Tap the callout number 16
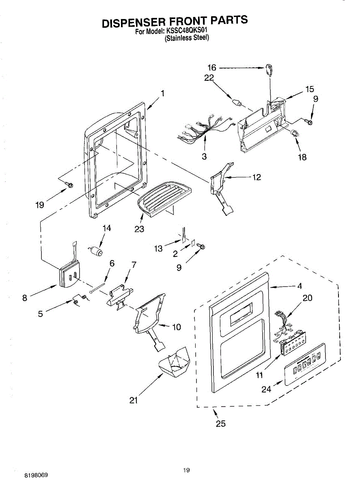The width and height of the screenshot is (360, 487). [212, 68]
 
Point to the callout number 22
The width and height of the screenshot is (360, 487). [209, 78]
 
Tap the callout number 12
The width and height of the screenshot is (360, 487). [257, 177]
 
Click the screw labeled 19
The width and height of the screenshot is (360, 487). [69, 185]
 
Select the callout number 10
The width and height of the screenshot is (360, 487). [177, 327]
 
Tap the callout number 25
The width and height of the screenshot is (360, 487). [221, 424]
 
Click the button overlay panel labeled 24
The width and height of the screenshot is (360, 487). [305, 364]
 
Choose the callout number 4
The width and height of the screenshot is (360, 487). [300, 286]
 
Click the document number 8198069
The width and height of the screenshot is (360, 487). [36, 474]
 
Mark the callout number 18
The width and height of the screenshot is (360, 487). [302, 157]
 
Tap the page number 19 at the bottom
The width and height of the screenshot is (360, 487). [186, 470]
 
